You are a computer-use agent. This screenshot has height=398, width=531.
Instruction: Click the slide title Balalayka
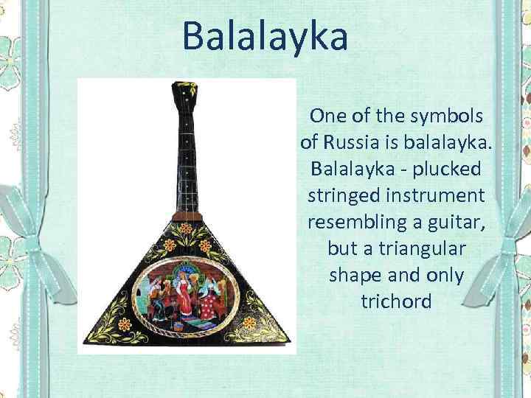click(265, 36)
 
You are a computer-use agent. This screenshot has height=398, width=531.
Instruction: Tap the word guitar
click(464, 222)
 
